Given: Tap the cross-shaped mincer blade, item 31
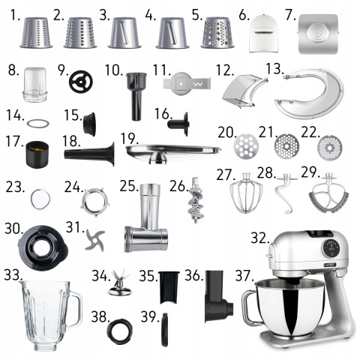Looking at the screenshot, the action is click(x=94, y=241).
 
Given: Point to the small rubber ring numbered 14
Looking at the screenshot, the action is click(x=38, y=124).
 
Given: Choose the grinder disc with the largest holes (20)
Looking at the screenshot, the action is click(x=246, y=145).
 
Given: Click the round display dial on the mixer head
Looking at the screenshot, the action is click(x=331, y=246).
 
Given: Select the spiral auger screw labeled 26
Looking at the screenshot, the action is click(x=196, y=200).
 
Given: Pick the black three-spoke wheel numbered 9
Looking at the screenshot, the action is click(x=81, y=82).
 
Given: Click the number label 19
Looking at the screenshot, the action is click(x=130, y=139).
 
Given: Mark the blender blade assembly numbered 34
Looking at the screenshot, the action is click(x=119, y=283).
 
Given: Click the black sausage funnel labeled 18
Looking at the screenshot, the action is click(x=89, y=154).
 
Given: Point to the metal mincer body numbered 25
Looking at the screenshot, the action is click(x=146, y=218).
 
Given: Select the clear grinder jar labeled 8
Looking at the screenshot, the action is click(x=35, y=85).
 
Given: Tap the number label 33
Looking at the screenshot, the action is click(x=13, y=275).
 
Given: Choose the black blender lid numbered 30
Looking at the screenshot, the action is click(x=43, y=248).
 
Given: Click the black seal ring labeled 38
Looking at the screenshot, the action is click(x=119, y=331).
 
